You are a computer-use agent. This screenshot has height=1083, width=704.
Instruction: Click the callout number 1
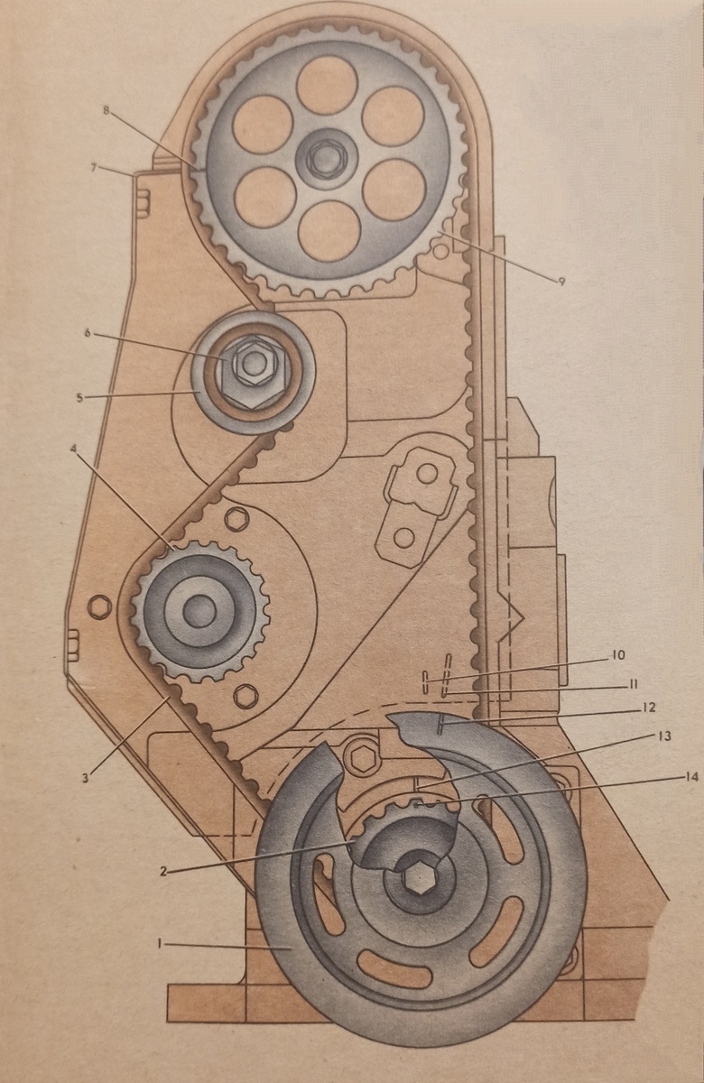[159, 943]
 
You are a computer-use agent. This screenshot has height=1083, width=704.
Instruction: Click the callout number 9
[561, 282]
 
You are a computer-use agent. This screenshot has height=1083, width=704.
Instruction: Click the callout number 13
[665, 736]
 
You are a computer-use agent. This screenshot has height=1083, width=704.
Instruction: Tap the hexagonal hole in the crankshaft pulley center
[418, 876]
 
